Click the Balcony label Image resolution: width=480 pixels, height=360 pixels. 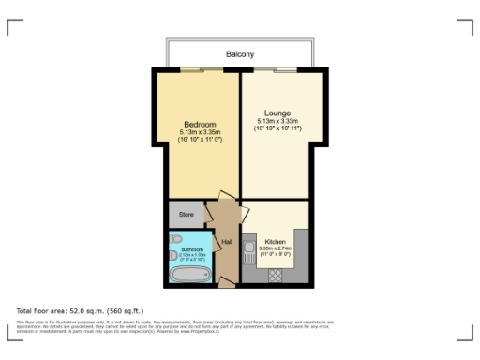pyautogui.click(x=239, y=54)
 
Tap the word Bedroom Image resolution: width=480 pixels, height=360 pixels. pyautogui.click(x=200, y=125)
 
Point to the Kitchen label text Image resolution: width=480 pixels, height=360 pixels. pyautogui.click(x=275, y=240)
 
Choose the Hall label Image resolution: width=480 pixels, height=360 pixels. pyautogui.click(x=227, y=242)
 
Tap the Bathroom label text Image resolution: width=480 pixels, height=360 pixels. pyautogui.click(x=191, y=249)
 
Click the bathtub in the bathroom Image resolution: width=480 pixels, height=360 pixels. pyautogui.click(x=191, y=277)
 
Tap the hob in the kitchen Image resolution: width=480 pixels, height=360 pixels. pyautogui.click(x=277, y=275)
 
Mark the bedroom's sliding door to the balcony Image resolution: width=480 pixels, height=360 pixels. pyautogui.click(x=196, y=69)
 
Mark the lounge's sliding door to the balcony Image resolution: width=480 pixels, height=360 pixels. pyautogui.click(x=287, y=69)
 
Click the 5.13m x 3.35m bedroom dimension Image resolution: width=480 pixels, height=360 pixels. pyautogui.click(x=200, y=132)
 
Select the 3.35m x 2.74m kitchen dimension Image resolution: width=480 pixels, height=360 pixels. pyautogui.click(x=275, y=247)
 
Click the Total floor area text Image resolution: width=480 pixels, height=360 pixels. pyautogui.click(x=79, y=309)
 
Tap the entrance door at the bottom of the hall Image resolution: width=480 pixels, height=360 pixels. pyautogui.click(x=226, y=279)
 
